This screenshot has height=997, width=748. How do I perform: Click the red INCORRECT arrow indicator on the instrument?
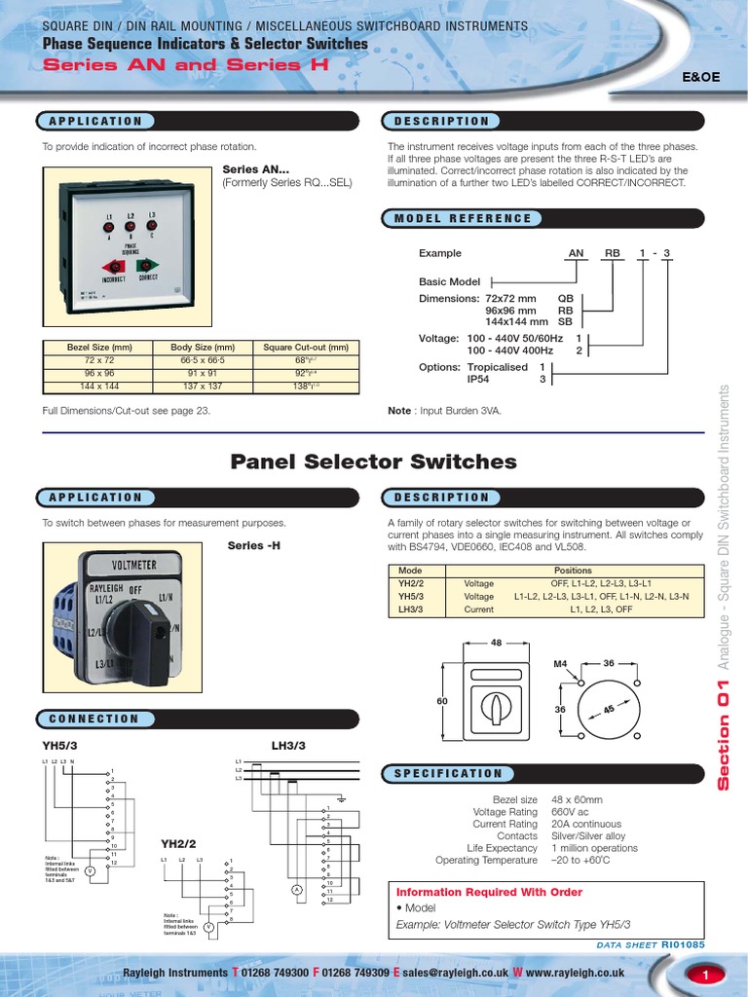113,266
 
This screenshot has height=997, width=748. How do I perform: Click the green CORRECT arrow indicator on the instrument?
148,265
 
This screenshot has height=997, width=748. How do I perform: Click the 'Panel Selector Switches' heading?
373,462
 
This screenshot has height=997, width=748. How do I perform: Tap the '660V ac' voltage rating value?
570,812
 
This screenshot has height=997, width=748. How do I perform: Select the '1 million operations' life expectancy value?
594,848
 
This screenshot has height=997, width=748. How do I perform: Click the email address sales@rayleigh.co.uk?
456,973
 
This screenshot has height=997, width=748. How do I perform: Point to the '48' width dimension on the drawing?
496,643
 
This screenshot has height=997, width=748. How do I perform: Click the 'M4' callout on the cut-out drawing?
559,664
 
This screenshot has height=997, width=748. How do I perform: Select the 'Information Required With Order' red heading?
490,892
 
